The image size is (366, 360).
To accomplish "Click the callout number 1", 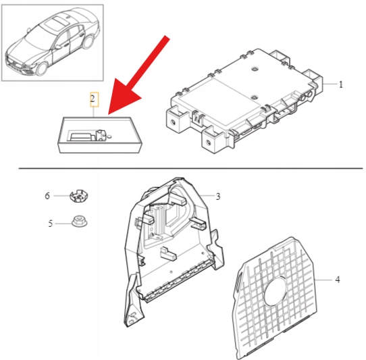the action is coord(341,84).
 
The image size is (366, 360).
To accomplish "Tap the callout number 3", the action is coord(218,197).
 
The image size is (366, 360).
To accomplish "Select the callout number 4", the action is coord(338,280).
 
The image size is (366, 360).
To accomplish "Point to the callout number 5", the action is coord(51,224).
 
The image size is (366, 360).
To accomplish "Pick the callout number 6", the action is coord(47,196).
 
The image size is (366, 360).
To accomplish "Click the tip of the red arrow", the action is coord(108,114).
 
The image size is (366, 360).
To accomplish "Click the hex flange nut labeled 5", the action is coord(80,221).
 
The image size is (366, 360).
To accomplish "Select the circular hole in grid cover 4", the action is coord(276,291).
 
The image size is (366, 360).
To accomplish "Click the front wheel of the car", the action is coord(43,68).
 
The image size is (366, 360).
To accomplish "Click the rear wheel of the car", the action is coord(88,42).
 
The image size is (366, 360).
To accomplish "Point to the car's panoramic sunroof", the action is coord(56,24).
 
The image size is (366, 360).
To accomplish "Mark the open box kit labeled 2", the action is coord(100,135).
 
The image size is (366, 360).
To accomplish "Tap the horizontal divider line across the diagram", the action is coord(190,168).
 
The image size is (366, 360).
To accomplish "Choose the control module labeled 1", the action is coord(245,101).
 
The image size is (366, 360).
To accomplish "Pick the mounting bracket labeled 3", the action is coord(174,252).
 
